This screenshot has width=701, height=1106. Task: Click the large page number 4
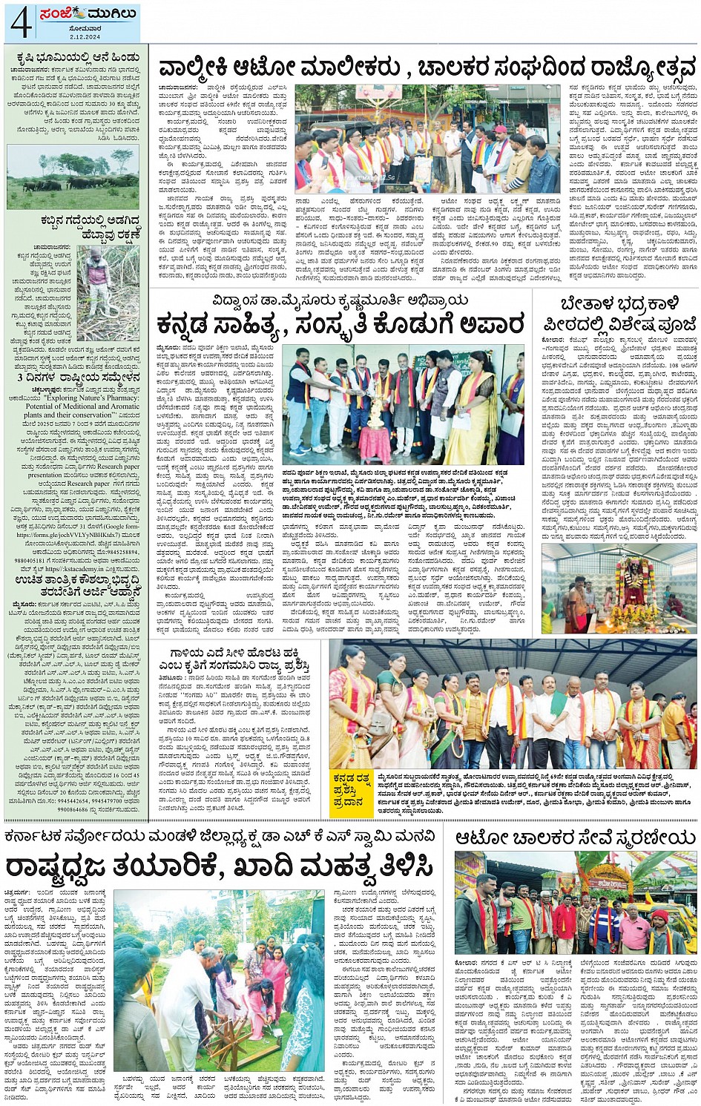coord(20,22)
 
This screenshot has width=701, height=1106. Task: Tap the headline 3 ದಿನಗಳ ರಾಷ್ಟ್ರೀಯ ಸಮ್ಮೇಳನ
coord(71,378)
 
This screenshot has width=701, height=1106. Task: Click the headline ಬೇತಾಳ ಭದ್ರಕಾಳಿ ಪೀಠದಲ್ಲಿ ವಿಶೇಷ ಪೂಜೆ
coord(619,313)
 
